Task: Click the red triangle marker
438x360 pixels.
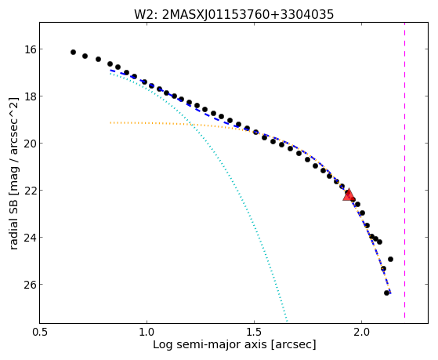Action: coord(348,195)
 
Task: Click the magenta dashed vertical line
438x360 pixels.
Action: coord(404,170)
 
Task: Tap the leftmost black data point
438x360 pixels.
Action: coord(73,52)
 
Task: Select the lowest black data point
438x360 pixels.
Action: coord(386,293)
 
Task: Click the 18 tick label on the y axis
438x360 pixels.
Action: coord(27,96)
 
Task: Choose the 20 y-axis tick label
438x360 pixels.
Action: coord(27,144)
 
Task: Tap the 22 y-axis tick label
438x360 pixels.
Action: coord(27,191)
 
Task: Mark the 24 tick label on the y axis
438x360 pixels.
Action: coord(27,238)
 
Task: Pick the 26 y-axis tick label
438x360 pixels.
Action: coord(27,285)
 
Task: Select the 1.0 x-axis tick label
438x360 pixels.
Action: coord(147,332)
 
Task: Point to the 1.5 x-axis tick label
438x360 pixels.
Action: coord(254,332)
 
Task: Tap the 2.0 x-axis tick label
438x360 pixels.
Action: coord(361,332)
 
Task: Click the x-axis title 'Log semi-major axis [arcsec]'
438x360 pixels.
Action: coord(234,344)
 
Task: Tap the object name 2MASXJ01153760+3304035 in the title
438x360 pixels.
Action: coord(248,15)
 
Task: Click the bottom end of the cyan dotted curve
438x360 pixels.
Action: coord(287,321)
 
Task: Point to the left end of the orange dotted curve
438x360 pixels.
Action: coord(110,122)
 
